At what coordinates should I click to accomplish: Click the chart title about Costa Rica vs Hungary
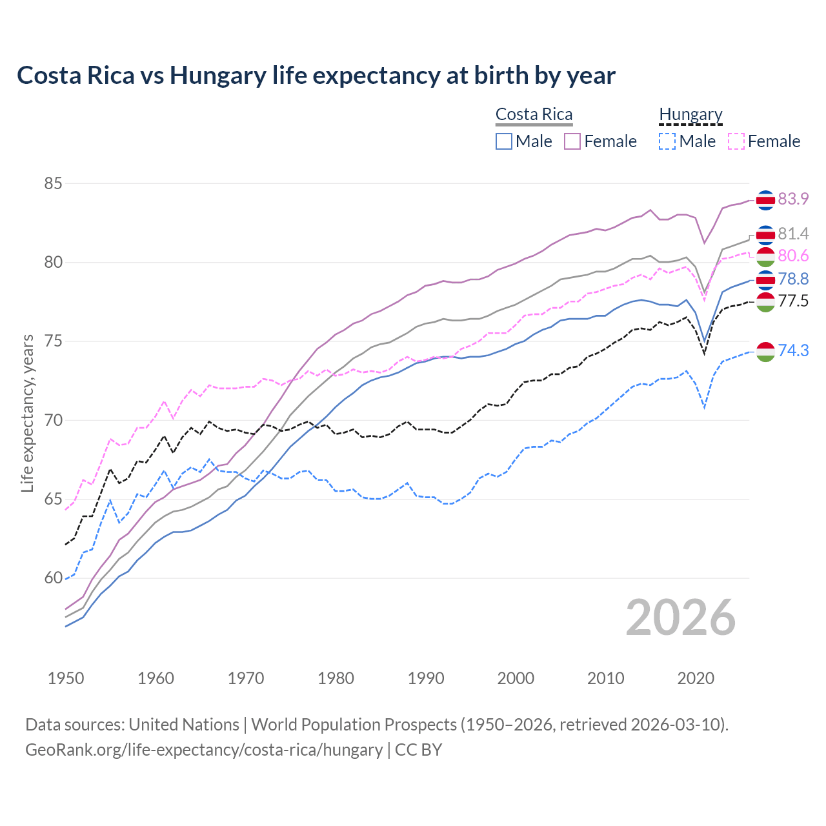click(316, 76)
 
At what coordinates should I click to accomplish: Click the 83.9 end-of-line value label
click(793, 199)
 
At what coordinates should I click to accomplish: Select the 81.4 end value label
click(793, 234)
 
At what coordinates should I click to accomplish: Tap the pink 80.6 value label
click(793, 256)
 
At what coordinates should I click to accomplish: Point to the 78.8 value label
click(793, 279)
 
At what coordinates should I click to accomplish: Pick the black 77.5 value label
click(793, 301)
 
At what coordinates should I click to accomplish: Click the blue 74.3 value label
click(793, 350)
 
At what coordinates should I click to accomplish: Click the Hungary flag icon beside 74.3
click(765, 351)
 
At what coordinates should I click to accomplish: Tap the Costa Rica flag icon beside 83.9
click(765, 200)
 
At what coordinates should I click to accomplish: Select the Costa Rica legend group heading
click(534, 115)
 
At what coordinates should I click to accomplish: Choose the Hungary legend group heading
click(690, 115)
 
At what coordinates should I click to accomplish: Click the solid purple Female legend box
click(573, 141)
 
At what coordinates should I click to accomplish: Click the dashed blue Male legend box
click(667, 141)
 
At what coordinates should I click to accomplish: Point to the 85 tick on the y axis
click(53, 184)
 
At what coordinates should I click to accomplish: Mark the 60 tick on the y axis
click(53, 578)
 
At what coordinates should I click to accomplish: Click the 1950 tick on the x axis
click(66, 678)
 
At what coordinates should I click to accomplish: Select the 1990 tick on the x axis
click(426, 678)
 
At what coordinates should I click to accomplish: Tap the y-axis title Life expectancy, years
click(27, 413)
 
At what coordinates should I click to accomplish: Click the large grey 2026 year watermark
click(681, 618)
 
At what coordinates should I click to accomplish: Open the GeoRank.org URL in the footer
click(204, 750)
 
